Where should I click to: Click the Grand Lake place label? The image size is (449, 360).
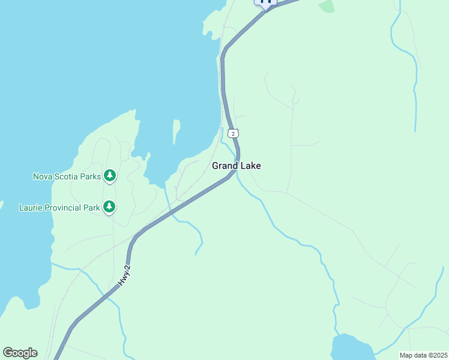click(x=237, y=166)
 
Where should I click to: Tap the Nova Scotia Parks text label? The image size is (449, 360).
click(x=67, y=176)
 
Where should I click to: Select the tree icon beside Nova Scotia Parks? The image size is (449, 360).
click(x=109, y=175)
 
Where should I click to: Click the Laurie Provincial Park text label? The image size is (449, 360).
click(x=59, y=208)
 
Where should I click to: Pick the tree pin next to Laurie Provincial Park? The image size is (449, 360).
click(x=109, y=207)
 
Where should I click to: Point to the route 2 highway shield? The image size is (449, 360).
click(x=233, y=133)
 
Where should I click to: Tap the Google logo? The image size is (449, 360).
click(x=20, y=353)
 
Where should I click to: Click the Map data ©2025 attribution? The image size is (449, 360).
click(x=423, y=355)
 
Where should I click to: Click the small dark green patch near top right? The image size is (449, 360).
click(x=327, y=7)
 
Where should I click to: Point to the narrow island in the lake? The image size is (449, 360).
click(x=176, y=131)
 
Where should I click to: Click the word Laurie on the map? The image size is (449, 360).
click(x=31, y=208)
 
